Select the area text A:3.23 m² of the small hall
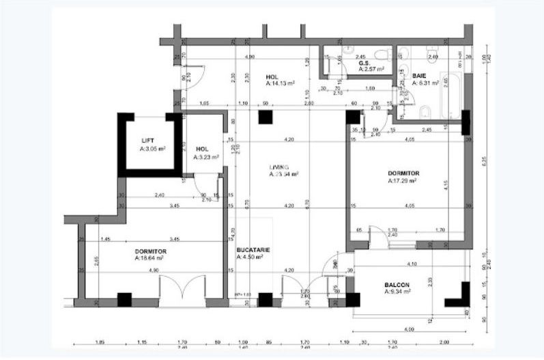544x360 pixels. pyautogui.click(x=206, y=156)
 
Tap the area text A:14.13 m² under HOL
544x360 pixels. pyautogui.click(x=280, y=83)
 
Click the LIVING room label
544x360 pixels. pyautogui.click(x=279, y=167)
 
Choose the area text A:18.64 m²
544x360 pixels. pyautogui.click(x=152, y=259)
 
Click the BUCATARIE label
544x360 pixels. pyautogui.click(x=253, y=250)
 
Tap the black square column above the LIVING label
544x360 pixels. pyautogui.click(x=265, y=117)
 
